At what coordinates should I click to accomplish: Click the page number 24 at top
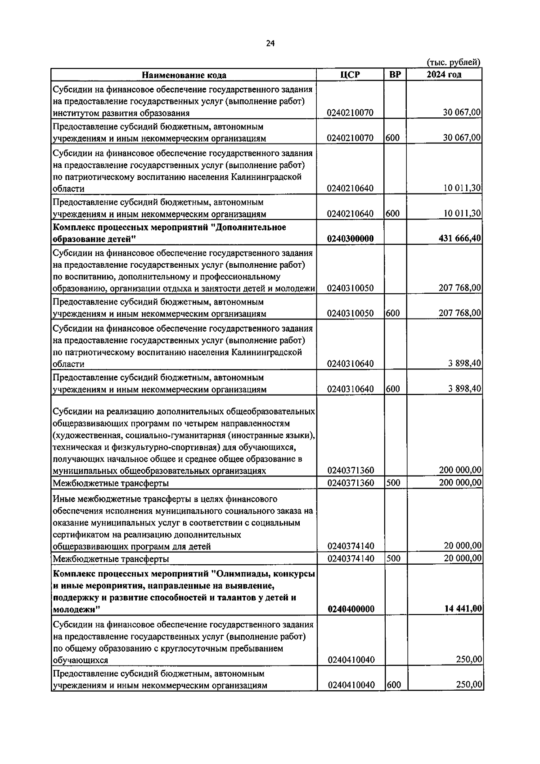tap(270, 43)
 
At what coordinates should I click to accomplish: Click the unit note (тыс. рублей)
tap(453, 63)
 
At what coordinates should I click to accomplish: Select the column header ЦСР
tap(350, 75)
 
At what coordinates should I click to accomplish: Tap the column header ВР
tap(395, 75)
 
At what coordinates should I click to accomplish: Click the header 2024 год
tap(444, 75)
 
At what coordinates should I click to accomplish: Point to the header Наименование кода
tap(184, 75)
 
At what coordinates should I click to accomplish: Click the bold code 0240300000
tap(351, 238)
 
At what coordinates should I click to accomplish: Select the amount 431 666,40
tap(460, 238)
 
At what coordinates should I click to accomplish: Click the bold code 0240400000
tap(351, 609)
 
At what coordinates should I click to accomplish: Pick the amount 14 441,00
tap(463, 609)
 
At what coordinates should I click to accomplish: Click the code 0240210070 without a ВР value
tap(351, 112)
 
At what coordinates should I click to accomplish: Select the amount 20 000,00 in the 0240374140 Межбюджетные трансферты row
tap(463, 558)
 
